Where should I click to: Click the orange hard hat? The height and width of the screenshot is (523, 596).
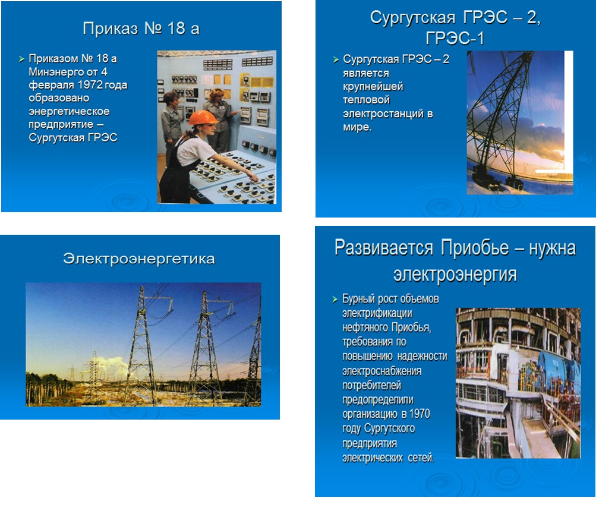pyautogui.click(x=203, y=118)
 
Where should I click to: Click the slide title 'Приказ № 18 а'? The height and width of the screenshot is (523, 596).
pyautogui.click(x=141, y=29)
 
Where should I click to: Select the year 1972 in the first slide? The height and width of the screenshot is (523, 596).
pyautogui.click(x=90, y=85)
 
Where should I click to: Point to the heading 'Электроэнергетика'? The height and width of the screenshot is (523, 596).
pyautogui.click(x=139, y=259)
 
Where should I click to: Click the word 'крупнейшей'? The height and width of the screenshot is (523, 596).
pyautogui.click(x=373, y=87)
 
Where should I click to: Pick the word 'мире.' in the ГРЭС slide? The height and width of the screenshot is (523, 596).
pyautogui.click(x=357, y=127)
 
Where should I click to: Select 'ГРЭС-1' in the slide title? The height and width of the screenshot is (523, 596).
pyautogui.click(x=455, y=39)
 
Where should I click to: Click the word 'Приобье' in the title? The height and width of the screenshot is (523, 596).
pyautogui.click(x=475, y=248)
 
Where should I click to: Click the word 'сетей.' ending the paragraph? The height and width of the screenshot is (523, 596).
pyautogui.click(x=421, y=457)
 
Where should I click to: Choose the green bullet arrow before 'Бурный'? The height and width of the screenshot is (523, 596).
pyautogui.click(x=335, y=300)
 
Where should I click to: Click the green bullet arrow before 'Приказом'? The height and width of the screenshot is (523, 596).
pyautogui.click(x=21, y=59)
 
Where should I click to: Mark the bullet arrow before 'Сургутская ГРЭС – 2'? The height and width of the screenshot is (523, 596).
pyautogui.click(x=336, y=59)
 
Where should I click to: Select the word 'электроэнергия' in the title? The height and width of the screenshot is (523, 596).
pyautogui.click(x=455, y=275)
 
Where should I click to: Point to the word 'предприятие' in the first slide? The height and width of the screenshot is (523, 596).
pyautogui.click(x=61, y=125)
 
